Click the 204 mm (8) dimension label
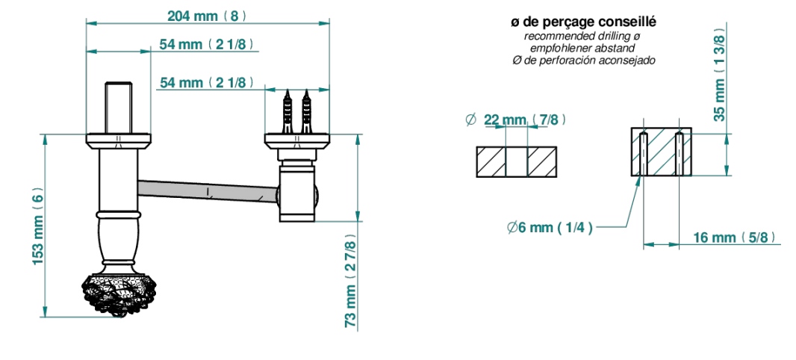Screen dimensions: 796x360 tap(207, 16)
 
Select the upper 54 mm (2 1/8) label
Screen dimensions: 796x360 tap(207, 44)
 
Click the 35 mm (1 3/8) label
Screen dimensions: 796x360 tap(720, 75)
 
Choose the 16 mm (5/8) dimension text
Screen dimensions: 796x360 tap(735, 238)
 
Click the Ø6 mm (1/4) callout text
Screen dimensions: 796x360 tap(550, 228)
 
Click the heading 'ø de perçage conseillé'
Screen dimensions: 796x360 tap(583, 22)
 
